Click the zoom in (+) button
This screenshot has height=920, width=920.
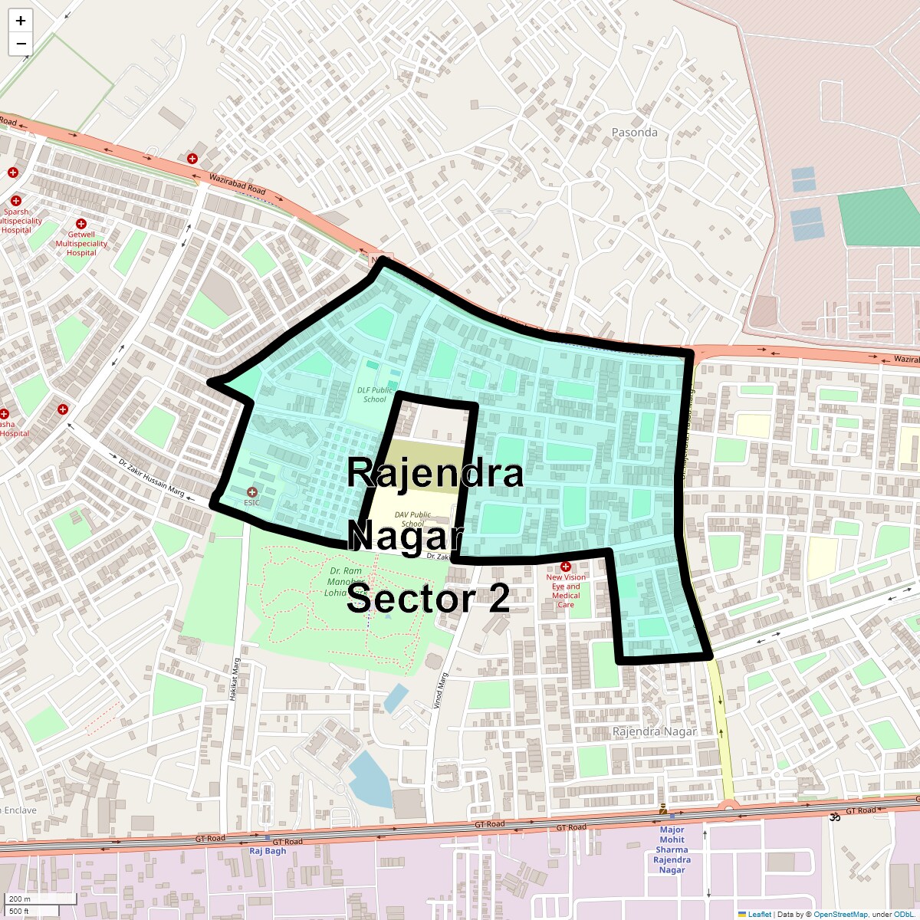point(21,21)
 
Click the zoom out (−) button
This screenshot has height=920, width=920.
point(21,44)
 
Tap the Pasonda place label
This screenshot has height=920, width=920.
point(634,132)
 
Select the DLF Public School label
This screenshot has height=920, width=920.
point(375,394)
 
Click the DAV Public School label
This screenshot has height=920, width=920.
point(412,519)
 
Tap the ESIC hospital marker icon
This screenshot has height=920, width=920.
point(252,491)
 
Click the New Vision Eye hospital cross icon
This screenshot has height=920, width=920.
point(566,567)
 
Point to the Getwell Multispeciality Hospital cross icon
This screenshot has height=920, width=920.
point(81,223)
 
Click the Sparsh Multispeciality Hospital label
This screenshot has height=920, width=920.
point(17,221)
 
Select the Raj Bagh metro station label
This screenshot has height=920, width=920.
point(268,851)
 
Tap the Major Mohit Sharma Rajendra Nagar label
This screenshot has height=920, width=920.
point(672,849)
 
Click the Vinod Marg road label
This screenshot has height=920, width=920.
point(440,690)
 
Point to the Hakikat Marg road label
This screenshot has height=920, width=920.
point(235,679)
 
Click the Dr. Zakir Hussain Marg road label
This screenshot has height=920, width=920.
point(151,478)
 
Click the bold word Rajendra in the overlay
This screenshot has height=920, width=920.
point(435,472)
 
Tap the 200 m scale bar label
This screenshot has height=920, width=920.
point(21,899)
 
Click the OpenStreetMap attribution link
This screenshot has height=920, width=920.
point(840,914)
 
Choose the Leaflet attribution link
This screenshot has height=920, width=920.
point(759,914)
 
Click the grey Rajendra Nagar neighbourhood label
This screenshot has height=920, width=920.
point(655,731)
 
